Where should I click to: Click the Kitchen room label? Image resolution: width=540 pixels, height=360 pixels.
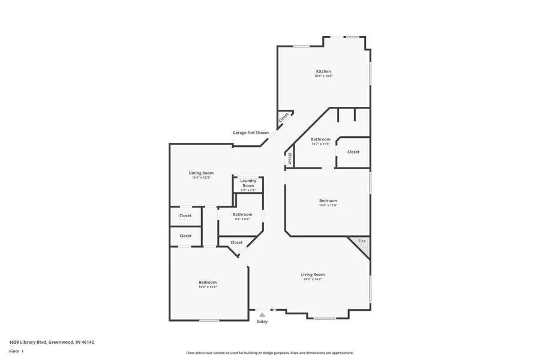click(323, 71)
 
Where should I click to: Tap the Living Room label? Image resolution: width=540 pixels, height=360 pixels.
click(313, 274)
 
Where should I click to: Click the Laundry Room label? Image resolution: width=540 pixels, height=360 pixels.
click(248, 183)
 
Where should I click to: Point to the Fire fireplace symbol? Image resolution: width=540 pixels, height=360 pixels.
click(362, 241)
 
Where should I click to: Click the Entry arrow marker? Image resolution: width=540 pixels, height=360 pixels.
click(262, 314)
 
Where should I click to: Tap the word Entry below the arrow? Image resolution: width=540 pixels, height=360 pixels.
click(262, 322)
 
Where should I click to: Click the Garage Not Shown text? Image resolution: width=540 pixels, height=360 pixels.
click(250, 133)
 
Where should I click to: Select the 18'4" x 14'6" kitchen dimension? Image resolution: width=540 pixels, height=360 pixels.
click(323, 76)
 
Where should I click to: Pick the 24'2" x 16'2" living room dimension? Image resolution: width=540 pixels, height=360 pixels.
click(313, 279)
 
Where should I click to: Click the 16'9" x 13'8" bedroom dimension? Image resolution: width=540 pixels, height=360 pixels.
click(328, 205)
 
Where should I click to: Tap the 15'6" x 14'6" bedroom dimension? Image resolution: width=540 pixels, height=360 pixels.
click(208, 287)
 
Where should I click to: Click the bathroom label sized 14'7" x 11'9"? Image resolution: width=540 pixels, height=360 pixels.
click(320, 139)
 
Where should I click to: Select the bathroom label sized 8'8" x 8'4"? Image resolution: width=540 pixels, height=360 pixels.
click(242, 214)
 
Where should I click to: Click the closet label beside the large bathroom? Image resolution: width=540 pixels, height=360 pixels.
click(353, 152)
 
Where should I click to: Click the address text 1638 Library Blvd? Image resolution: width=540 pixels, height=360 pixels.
click(52, 342)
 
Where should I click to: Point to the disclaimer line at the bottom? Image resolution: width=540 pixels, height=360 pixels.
click(269, 353)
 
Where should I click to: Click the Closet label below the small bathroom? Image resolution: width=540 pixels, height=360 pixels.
click(236, 242)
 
